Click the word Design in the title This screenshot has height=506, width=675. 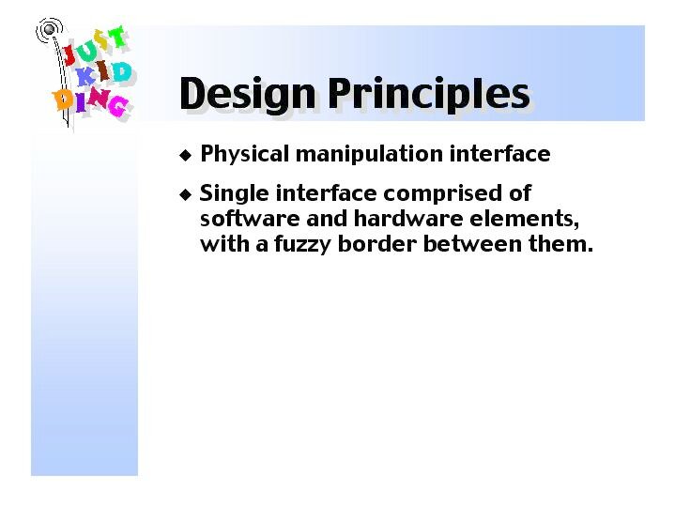click(247, 95)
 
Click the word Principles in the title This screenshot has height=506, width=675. click(429, 95)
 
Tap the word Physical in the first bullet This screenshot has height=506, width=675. click(244, 154)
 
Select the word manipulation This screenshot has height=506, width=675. click(369, 154)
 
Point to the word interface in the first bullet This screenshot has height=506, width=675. click(499, 153)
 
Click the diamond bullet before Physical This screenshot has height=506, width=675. click(186, 155)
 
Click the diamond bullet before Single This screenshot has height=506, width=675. click(186, 194)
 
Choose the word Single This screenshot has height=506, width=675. click(234, 193)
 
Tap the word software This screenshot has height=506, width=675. click(250, 219)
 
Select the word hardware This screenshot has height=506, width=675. click(407, 219)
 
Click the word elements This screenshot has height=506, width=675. click(524, 219)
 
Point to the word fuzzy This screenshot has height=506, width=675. click(302, 245)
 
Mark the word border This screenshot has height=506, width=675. click(376, 244)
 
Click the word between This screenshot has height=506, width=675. click(472, 244)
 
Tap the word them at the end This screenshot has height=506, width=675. click(560, 244)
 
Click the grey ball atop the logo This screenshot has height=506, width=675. click(49, 29)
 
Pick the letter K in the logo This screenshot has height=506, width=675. click(85, 77)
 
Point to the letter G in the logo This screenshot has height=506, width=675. click(118, 106)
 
